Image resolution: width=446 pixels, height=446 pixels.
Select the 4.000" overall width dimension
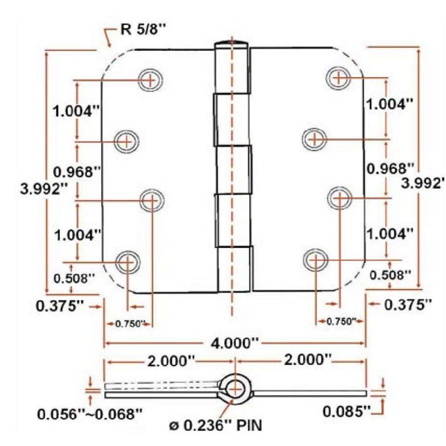click(235, 343)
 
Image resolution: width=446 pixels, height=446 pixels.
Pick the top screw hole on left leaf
click(150, 80)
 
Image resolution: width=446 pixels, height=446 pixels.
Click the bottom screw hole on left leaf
click(128, 261)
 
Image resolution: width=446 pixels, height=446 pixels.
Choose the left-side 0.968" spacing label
click(75, 171)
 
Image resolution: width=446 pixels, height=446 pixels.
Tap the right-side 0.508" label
click(389, 275)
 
